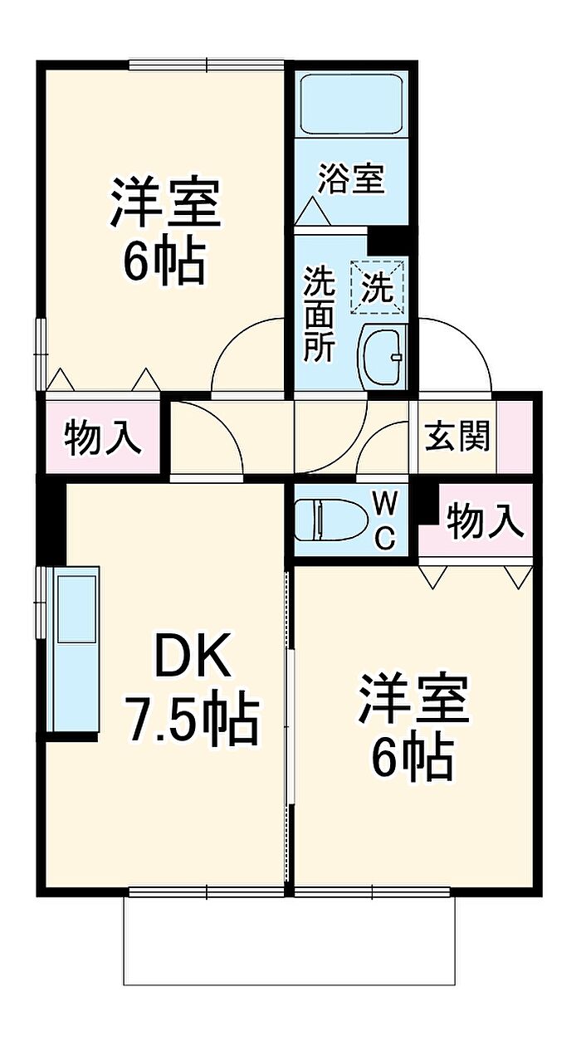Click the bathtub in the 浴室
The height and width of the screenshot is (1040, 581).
click(x=351, y=104)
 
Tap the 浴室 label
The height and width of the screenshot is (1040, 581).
click(x=351, y=178)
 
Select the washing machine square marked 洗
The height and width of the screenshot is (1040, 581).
click(x=377, y=287)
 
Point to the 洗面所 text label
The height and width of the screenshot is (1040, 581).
click(x=319, y=315)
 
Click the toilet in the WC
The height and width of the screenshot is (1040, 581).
click(x=330, y=520)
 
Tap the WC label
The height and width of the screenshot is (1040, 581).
click(x=385, y=520)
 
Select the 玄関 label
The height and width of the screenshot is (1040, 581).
click(x=457, y=437)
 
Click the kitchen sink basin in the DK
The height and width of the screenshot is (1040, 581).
click(x=76, y=608)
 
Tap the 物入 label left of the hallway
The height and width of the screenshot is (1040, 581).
click(x=103, y=437)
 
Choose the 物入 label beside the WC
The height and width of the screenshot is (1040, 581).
click(x=485, y=520)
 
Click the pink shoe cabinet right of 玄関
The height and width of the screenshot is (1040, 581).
click(x=515, y=437)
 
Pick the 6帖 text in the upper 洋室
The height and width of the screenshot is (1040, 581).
click(x=164, y=263)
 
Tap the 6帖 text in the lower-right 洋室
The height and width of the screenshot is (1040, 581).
click(x=412, y=758)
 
